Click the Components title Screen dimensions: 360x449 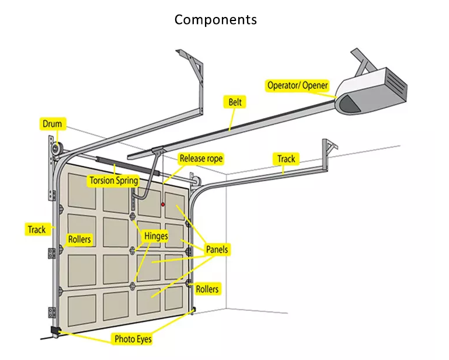click(215, 19)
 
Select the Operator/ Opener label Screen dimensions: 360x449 click(297, 85)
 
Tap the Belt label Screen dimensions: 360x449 click(234, 102)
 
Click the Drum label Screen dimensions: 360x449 click(51, 123)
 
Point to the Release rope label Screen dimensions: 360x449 click(201, 158)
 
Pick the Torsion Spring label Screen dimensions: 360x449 click(113, 181)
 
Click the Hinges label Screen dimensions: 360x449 click(156, 236)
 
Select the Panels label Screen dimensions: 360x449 click(217, 250)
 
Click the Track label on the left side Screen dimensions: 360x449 click(36, 229)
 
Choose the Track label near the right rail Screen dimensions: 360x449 click(286, 158)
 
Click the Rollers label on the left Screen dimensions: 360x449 click(79, 239)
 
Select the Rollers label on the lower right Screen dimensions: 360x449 click(207, 289)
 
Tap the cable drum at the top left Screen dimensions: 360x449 click(56, 150)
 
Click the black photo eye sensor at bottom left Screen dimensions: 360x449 click(55, 331)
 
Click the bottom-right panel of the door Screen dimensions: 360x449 click(175, 297)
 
